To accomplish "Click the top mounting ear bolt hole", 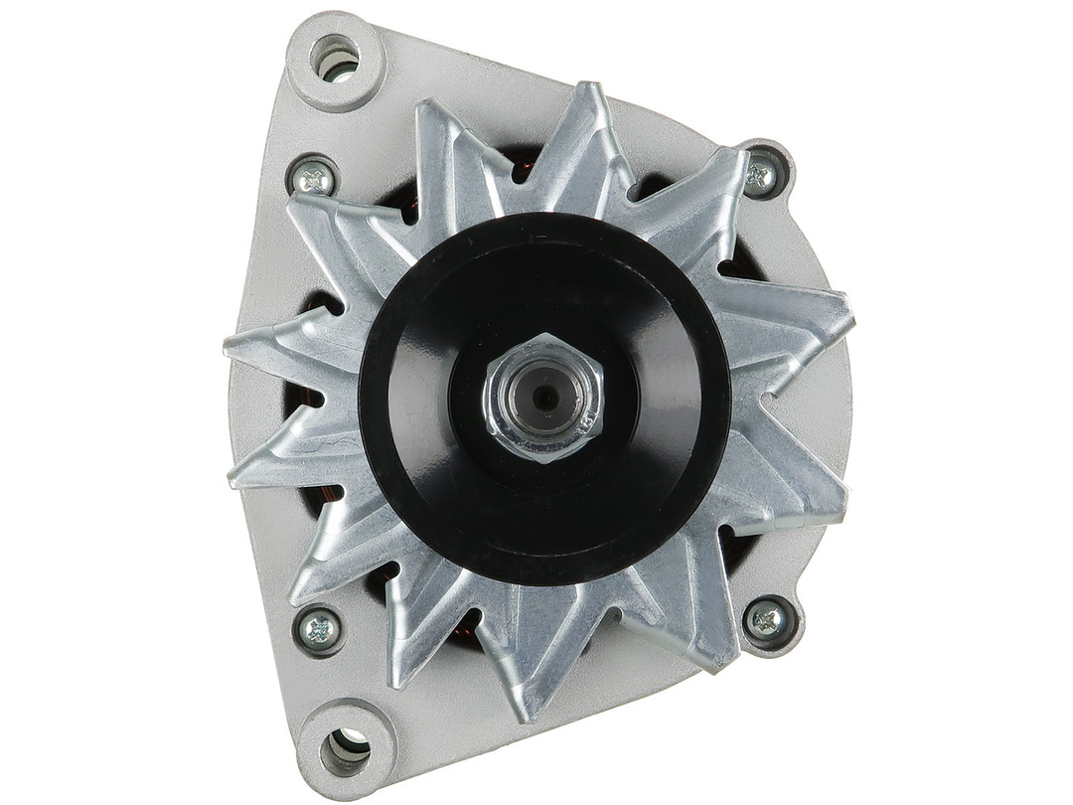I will (x=336, y=59).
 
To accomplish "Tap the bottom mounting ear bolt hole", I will (x=346, y=747).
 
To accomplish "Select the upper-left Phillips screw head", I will (x=316, y=179).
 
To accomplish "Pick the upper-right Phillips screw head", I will (x=761, y=175).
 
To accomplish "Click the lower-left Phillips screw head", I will (x=320, y=628).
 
